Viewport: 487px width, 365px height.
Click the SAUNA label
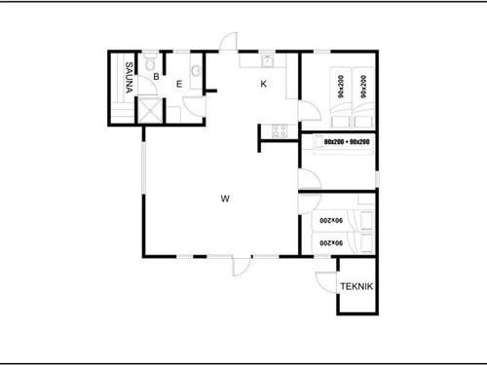pyautogui.click(x=128, y=78)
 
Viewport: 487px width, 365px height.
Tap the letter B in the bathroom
pyautogui.click(x=155, y=77)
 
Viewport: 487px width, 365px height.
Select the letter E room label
pyautogui.click(x=179, y=84)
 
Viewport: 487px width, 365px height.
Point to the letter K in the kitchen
pyautogui.click(x=263, y=84)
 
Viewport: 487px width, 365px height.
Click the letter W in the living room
pyautogui.click(x=224, y=200)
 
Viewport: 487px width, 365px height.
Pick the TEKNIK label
pyautogui.click(x=356, y=287)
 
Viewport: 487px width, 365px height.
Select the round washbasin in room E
pyautogui.click(x=197, y=71)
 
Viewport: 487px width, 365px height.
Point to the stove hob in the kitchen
pyautogui.click(x=280, y=131)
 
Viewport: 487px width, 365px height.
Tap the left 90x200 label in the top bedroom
pyautogui.click(x=341, y=89)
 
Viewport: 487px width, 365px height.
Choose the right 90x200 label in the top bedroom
pyautogui.click(x=362, y=89)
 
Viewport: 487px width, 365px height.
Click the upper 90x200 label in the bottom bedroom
pyautogui.click(x=333, y=222)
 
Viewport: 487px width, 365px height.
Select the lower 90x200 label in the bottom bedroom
pyautogui.click(x=333, y=242)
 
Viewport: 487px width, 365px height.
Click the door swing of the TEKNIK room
pyautogui.click(x=323, y=278)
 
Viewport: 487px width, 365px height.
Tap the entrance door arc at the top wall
pyautogui.click(x=227, y=44)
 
